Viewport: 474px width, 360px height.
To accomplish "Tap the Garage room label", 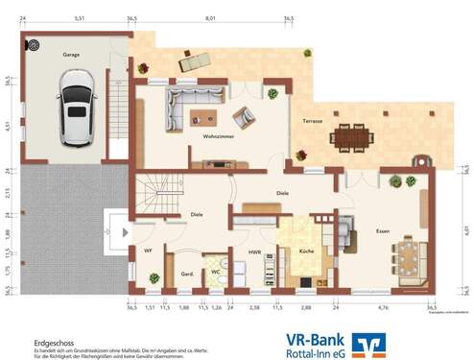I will click(72, 55).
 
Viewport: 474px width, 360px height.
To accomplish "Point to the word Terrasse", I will click(313, 122).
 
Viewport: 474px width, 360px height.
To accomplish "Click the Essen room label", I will click(356, 231).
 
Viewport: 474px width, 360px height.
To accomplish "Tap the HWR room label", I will click(254, 252).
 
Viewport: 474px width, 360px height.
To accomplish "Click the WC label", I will click(217, 271).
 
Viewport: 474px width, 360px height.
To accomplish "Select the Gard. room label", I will click(188, 274).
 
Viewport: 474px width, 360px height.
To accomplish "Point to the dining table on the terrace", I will click(351, 137).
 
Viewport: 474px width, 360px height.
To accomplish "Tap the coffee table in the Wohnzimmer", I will click(201, 118).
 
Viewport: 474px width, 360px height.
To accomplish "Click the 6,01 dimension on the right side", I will click(464, 229).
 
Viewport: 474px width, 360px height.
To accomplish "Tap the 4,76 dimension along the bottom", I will click(382, 308).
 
